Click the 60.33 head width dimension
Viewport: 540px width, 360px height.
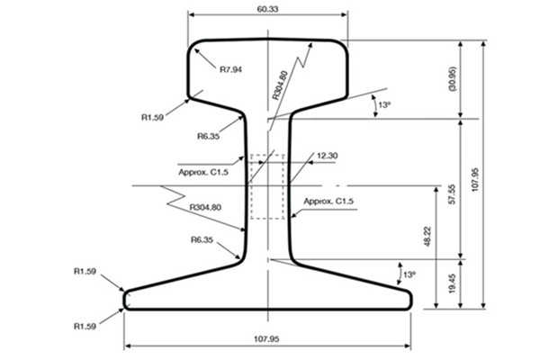pos(267,9)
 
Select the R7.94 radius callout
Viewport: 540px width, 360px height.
pos(230,69)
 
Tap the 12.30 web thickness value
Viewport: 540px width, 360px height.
pos(328,156)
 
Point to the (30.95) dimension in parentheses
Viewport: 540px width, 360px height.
pos(452,79)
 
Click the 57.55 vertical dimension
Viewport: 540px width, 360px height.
pos(452,194)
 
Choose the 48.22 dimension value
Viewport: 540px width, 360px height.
pos(427,237)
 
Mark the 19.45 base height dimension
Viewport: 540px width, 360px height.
pos(452,283)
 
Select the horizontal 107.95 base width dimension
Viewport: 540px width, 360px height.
pos(266,339)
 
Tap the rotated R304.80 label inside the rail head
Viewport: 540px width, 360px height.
pos(279,85)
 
